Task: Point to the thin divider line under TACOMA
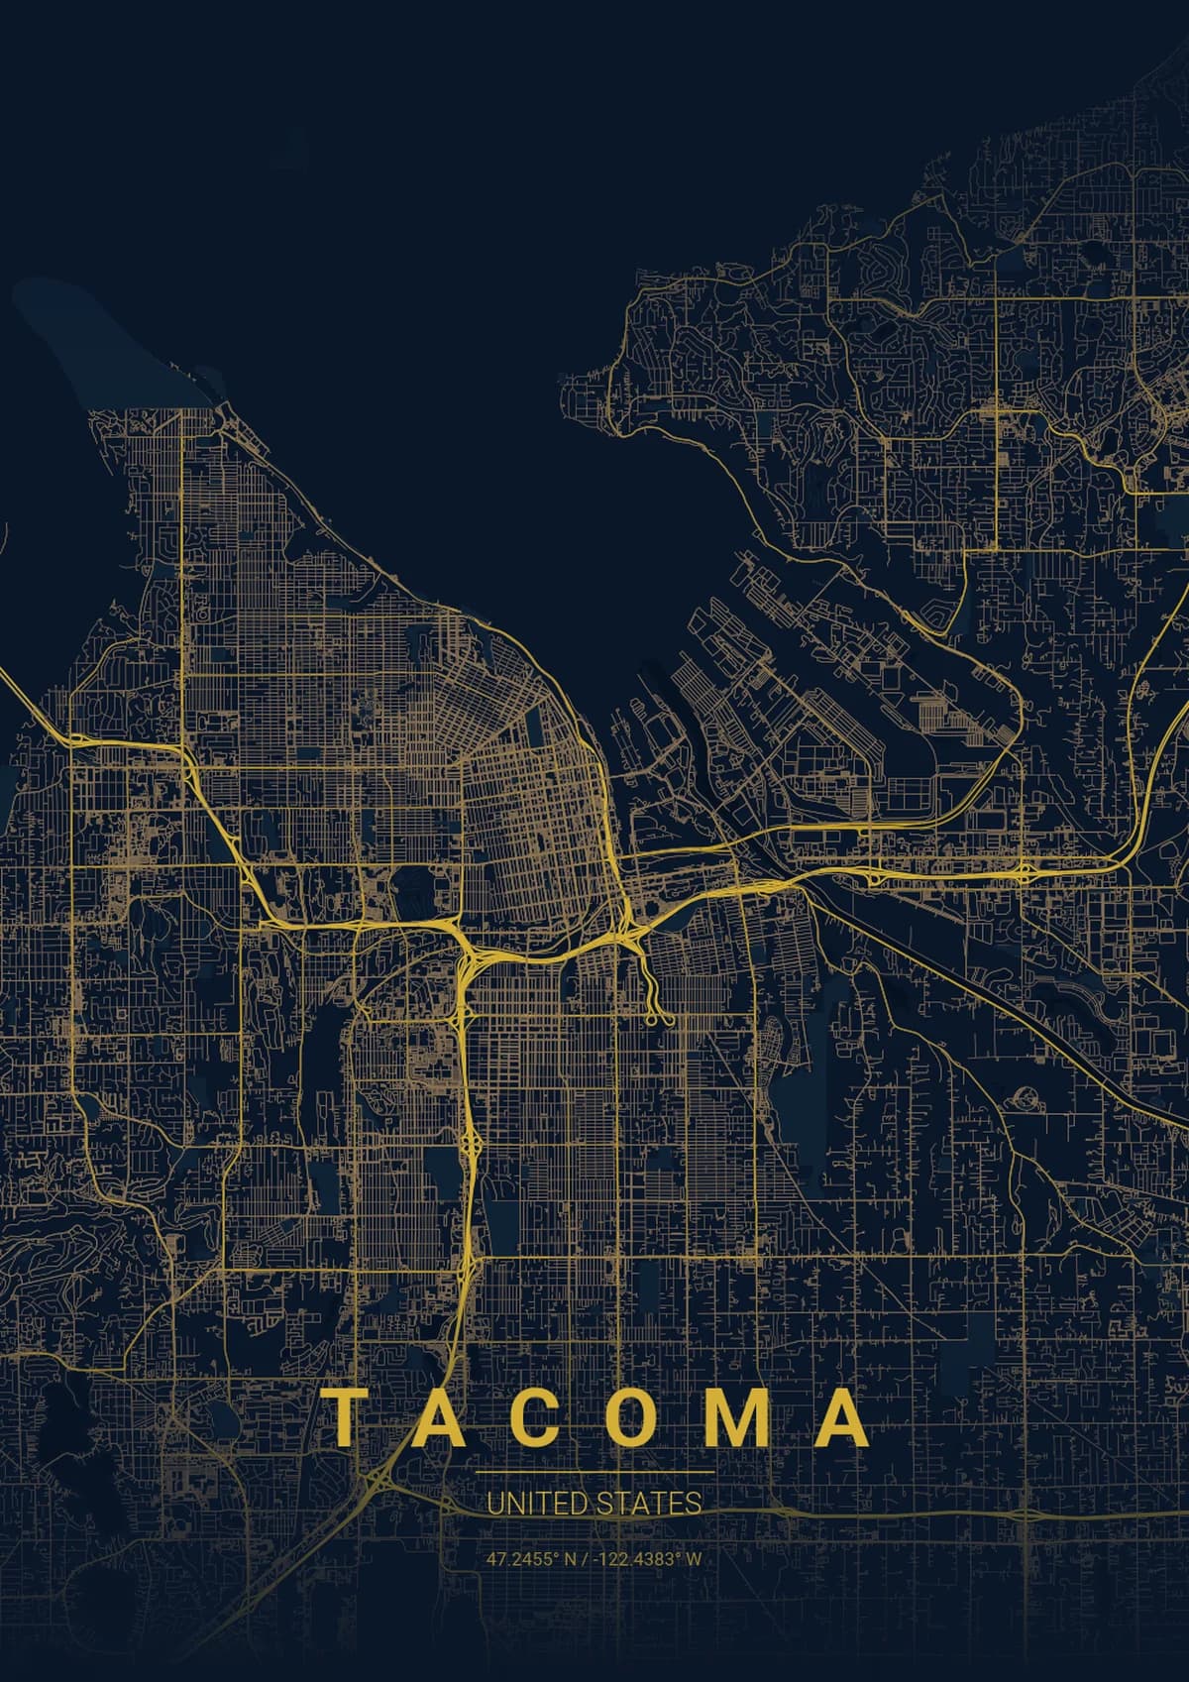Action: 594,1474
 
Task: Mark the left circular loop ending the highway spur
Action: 651,1019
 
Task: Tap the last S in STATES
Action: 695,1504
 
